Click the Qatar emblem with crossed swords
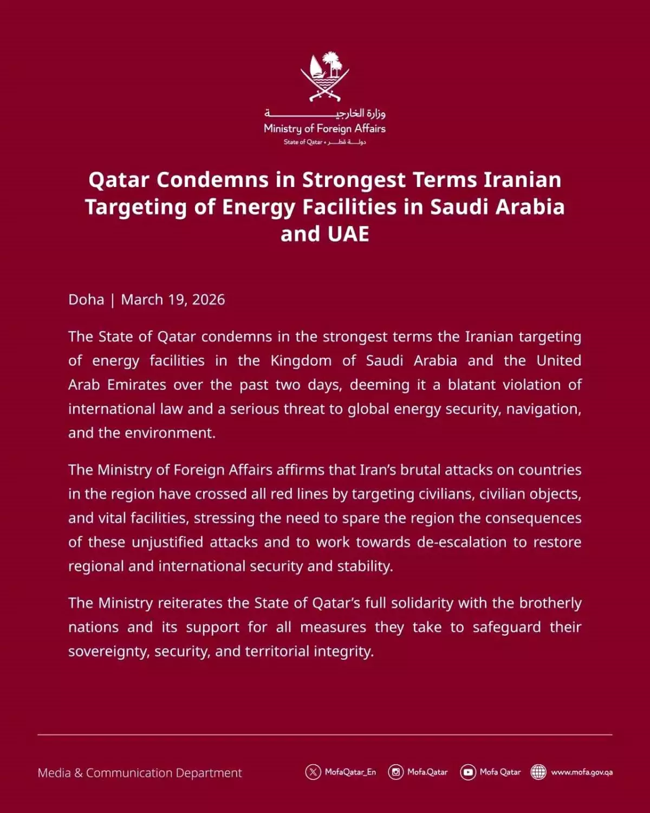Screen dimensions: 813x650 click(325, 76)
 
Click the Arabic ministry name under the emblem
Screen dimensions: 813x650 click(325, 113)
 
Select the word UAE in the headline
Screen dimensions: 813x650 click(348, 234)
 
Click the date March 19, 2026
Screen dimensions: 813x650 click(173, 300)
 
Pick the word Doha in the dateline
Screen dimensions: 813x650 click(86, 300)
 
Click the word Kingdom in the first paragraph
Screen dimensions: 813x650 click(301, 361)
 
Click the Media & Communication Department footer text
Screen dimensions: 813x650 click(140, 773)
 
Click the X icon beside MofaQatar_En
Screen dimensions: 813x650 click(313, 772)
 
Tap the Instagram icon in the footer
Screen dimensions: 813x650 click(396, 772)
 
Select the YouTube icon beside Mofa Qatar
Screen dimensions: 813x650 click(468, 772)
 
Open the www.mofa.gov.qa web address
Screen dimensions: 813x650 click(582, 772)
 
